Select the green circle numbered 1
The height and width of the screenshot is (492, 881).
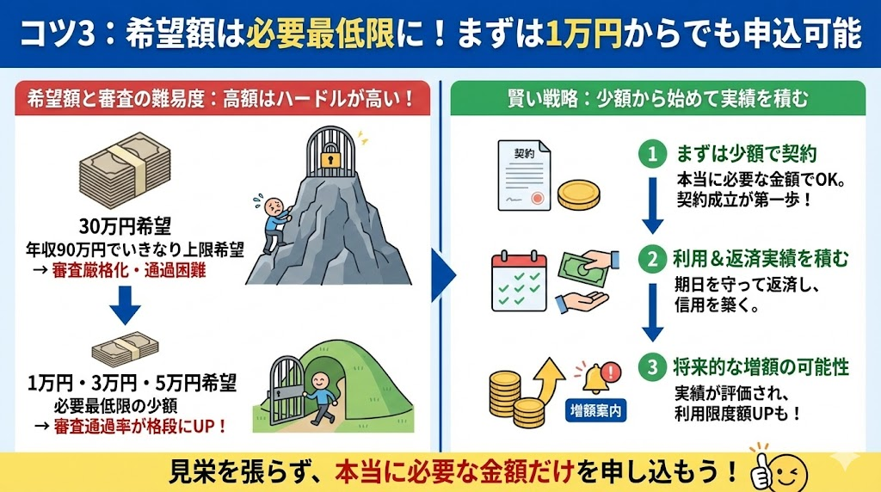653,154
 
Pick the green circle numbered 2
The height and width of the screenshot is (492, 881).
653,258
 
